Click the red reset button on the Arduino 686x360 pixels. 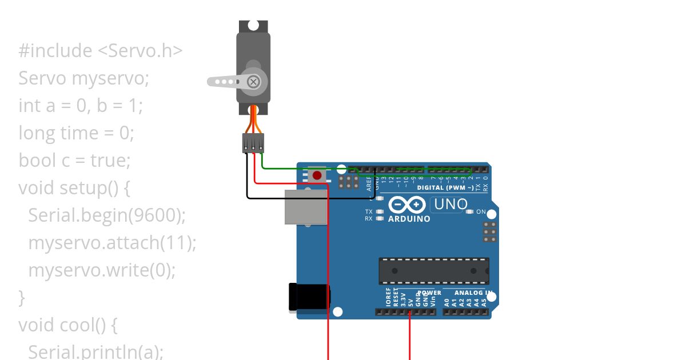tap(317, 175)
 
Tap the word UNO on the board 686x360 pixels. tap(450, 204)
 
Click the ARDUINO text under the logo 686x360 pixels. tap(409, 219)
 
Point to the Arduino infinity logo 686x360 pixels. tap(407, 205)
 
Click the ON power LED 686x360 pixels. tap(470, 212)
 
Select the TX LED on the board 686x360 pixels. tap(379, 211)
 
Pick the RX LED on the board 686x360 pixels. tap(379, 218)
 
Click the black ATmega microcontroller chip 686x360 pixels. tap(433, 271)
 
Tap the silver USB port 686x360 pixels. tap(306, 207)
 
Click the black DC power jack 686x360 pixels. tap(309, 298)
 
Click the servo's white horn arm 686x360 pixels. tap(226, 82)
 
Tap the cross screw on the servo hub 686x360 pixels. tap(253, 82)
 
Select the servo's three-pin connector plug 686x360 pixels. tap(253, 143)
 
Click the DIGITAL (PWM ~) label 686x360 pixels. tap(445, 187)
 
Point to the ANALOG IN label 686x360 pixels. tap(473, 293)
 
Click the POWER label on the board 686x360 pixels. tap(430, 293)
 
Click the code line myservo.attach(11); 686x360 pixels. tap(112, 242)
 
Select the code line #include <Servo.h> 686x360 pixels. tap(101, 50)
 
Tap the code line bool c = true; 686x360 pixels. tap(74, 160)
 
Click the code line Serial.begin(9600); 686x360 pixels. tap(107, 215)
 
